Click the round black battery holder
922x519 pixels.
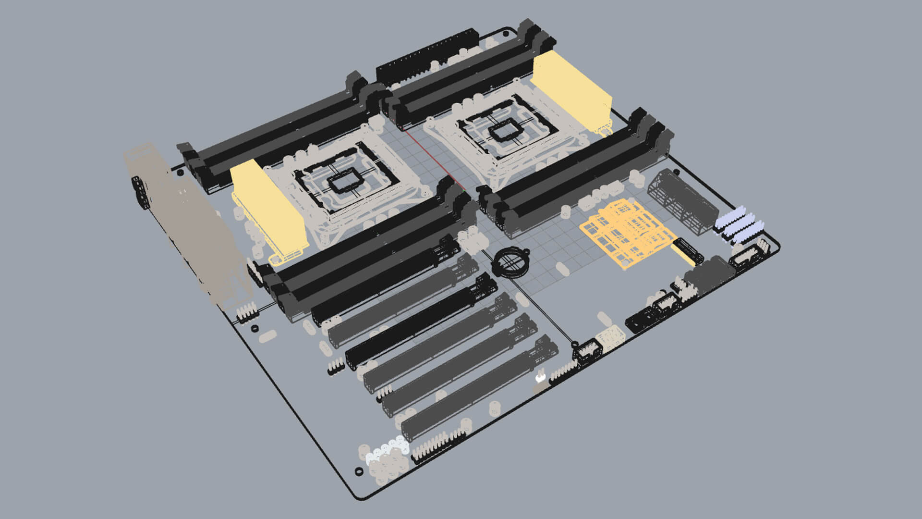[x=510, y=262]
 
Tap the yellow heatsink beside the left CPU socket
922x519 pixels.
[x=269, y=211]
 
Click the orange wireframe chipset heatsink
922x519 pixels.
[x=629, y=231]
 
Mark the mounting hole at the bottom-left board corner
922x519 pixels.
[x=358, y=471]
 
